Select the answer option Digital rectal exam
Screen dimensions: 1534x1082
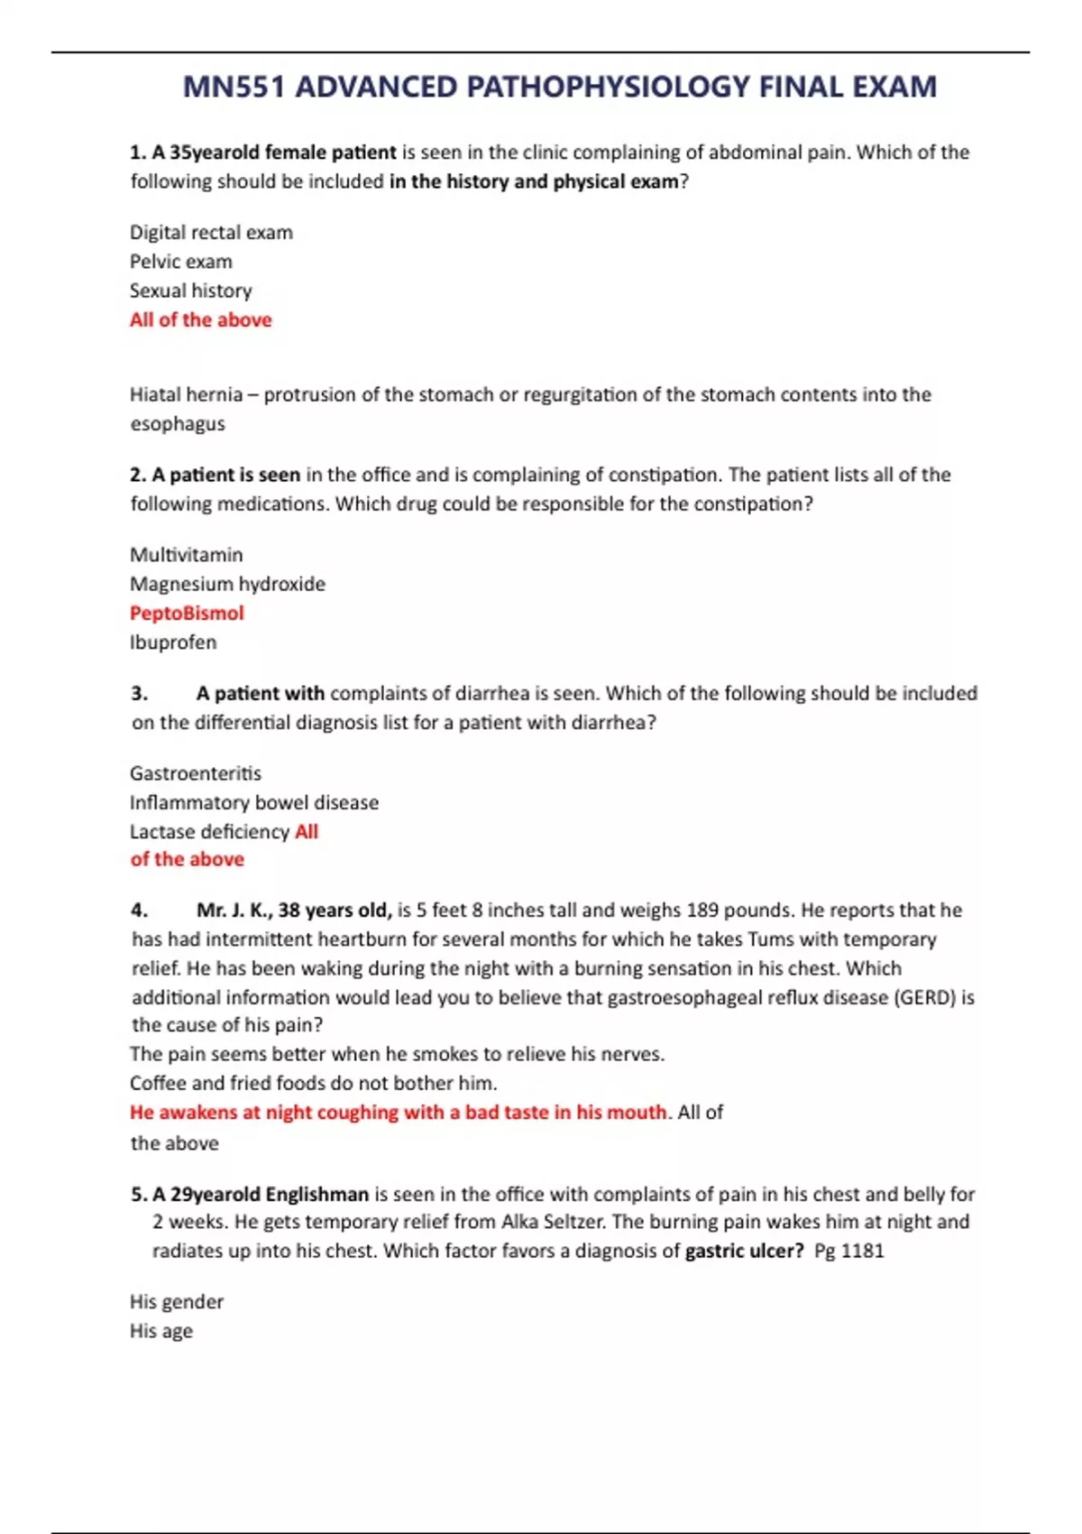coord(211,233)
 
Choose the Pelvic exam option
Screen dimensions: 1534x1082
coord(181,262)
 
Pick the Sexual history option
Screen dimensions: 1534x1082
coord(191,291)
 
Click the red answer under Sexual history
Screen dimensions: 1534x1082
coord(200,320)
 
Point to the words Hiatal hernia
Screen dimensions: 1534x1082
coord(186,395)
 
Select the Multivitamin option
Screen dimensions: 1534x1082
coord(187,555)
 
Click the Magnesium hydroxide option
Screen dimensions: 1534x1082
coord(227,584)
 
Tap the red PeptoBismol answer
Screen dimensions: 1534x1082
coord(187,614)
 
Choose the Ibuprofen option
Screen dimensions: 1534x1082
coord(173,642)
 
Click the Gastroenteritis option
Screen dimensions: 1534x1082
coord(196,773)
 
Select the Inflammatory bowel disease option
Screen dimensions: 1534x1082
coord(254,803)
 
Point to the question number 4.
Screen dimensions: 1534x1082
coord(139,910)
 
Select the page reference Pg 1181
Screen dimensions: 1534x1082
coord(848,1252)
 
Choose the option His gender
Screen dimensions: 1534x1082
coord(177,1302)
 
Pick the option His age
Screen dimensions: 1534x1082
coord(161,1331)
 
